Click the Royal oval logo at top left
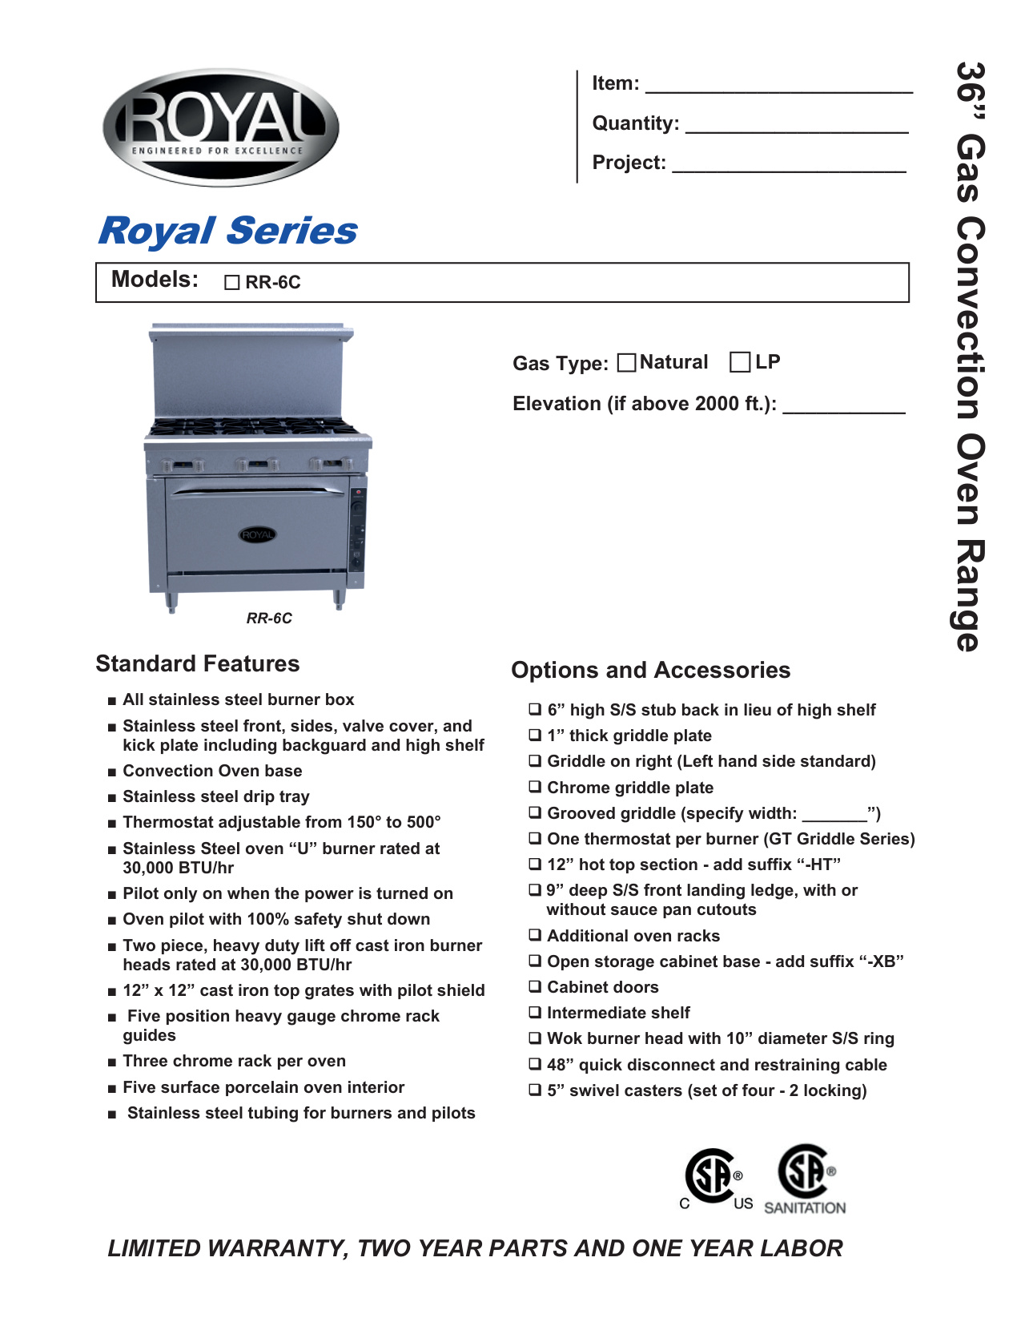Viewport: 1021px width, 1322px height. point(221,127)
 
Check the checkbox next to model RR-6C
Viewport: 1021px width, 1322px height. point(232,283)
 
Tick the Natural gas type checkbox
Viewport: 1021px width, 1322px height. point(627,363)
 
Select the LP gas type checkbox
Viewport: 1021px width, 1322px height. point(740,362)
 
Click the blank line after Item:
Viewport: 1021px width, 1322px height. point(778,87)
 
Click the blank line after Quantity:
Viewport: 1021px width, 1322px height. point(797,126)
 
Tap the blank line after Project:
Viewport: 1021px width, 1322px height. point(789,165)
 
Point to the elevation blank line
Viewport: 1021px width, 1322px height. point(843,407)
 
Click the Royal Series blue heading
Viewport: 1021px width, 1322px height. point(227,231)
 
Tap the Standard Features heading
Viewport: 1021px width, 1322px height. point(198,663)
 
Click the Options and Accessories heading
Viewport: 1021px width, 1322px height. point(650,670)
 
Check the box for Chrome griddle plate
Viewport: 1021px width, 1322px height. point(535,787)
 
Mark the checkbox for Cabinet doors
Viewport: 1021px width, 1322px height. point(535,986)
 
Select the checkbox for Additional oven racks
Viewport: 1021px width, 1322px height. point(535,935)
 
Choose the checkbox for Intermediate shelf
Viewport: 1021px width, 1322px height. point(535,1012)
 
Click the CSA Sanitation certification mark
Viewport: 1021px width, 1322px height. point(806,1178)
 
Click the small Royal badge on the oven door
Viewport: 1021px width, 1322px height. point(257,534)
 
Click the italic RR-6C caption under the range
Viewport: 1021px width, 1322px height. point(269,619)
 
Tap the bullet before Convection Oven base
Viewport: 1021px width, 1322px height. point(112,772)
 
